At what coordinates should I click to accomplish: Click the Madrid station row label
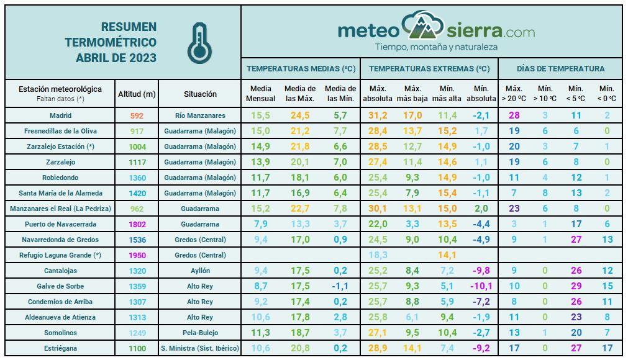(x=60, y=115)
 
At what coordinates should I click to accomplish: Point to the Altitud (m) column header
(x=137, y=94)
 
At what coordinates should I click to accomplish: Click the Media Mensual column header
(x=260, y=94)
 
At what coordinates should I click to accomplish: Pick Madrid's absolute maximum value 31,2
(x=378, y=115)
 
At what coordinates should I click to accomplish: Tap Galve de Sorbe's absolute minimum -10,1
(x=481, y=286)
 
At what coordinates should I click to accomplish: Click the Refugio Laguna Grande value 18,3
(x=378, y=255)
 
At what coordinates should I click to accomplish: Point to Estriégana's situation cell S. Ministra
(x=200, y=348)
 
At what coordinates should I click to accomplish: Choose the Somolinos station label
(x=60, y=333)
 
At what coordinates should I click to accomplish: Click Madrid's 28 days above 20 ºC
(x=514, y=115)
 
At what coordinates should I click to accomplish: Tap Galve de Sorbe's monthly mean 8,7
(x=260, y=286)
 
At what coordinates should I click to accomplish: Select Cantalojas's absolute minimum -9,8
(x=481, y=271)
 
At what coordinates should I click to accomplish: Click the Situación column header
(x=200, y=94)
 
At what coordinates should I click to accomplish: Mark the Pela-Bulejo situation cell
(x=200, y=333)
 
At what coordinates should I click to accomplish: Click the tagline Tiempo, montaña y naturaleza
(x=436, y=47)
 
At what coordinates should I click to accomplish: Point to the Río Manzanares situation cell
(x=200, y=115)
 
